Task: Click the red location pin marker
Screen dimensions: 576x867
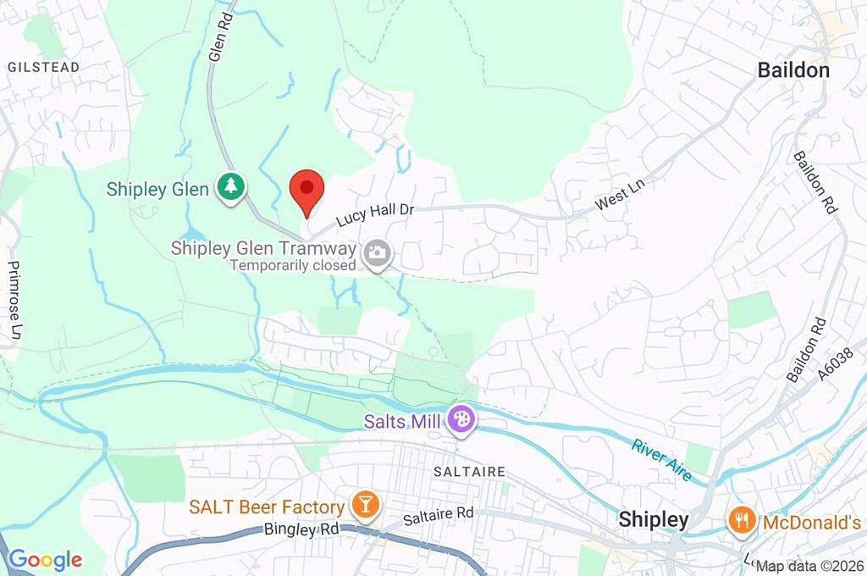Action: click(306, 191)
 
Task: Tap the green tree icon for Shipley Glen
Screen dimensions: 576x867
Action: click(229, 188)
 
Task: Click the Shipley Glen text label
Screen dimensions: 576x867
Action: click(157, 189)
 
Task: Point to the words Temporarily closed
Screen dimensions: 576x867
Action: click(292, 265)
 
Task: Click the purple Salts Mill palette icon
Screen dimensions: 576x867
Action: click(461, 419)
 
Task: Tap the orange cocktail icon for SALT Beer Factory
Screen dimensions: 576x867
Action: click(367, 506)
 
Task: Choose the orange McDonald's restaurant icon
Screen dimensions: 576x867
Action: click(743, 520)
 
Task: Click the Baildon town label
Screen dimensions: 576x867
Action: click(793, 70)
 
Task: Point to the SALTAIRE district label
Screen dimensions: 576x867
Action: click(469, 471)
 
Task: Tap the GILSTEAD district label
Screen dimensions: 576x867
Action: click(44, 67)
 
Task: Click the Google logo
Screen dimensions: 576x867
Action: click(45, 560)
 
